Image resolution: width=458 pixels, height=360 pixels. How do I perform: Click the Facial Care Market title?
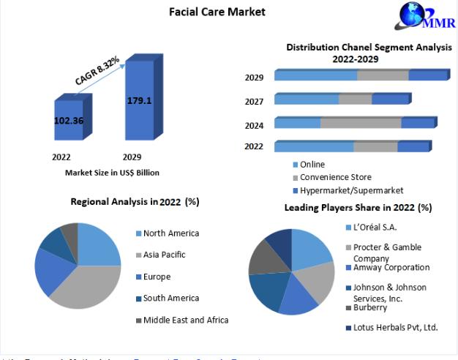[207, 12]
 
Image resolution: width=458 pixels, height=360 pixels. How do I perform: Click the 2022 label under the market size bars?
[61, 157]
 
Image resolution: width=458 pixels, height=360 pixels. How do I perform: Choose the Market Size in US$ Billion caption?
[112, 173]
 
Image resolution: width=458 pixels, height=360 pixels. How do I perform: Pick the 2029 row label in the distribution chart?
[254, 78]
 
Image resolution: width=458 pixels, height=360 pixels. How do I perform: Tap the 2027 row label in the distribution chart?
[254, 102]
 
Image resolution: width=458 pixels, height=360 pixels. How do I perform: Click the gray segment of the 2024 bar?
[361, 123]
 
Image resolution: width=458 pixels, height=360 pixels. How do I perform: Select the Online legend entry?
[312, 165]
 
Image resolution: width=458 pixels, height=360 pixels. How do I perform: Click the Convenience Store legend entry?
[335, 177]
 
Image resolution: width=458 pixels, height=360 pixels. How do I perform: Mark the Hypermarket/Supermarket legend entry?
[351, 190]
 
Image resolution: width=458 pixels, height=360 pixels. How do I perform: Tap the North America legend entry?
[170, 233]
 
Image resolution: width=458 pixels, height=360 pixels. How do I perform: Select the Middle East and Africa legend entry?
[185, 320]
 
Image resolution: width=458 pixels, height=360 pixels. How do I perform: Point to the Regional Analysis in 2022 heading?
[135, 201]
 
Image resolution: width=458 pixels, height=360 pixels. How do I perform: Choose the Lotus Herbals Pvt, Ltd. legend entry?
[394, 327]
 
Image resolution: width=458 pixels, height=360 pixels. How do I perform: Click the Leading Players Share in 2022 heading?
[358, 208]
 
